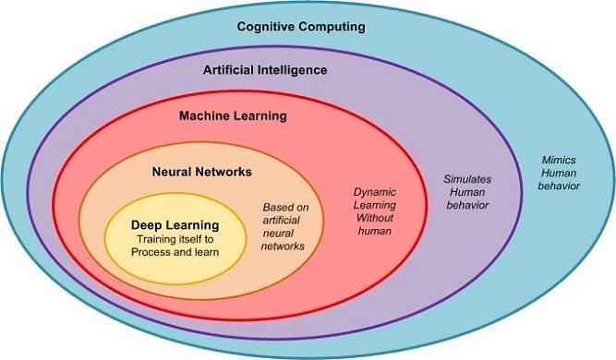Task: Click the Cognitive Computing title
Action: (301, 27)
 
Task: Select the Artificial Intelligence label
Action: (264, 69)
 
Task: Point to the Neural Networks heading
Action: (200, 172)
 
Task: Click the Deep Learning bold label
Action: (175, 224)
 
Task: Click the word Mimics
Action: (560, 159)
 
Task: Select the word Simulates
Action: (466, 176)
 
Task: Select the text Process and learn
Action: (174, 252)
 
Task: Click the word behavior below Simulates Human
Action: (466, 204)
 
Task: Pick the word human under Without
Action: (374, 231)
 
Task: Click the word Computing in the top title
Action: (328, 27)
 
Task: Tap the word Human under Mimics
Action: (559, 172)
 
